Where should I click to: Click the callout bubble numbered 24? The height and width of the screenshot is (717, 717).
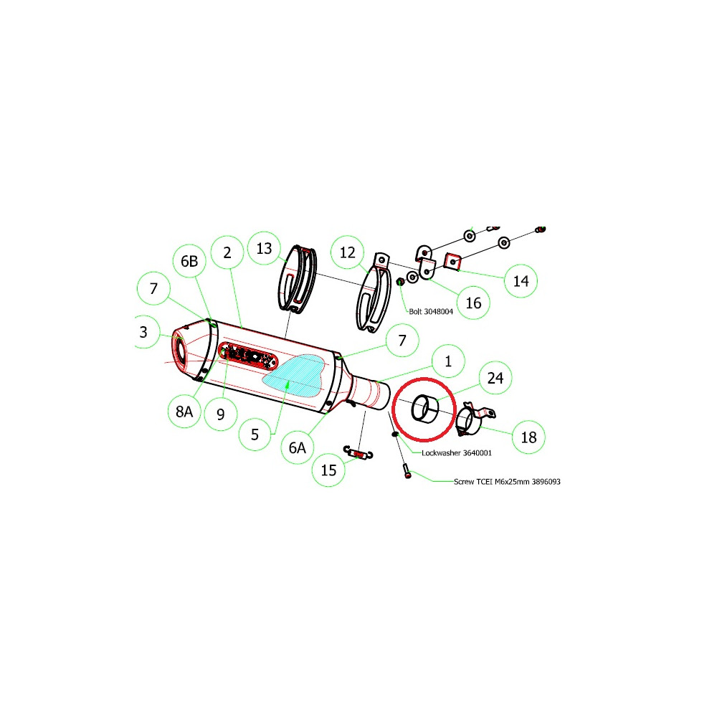point(495,378)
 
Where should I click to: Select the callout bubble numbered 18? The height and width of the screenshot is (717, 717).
point(528,437)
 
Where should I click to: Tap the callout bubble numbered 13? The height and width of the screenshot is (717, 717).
point(264,248)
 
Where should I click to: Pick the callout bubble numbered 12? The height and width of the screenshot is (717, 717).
point(348,252)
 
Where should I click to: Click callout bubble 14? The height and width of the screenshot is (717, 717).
point(521,281)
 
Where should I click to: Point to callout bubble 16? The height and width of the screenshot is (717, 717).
point(473,303)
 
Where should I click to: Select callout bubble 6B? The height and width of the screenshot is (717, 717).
point(189,261)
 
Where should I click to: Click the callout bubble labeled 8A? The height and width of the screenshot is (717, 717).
point(184,412)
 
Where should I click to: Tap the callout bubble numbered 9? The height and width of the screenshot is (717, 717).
point(221,414)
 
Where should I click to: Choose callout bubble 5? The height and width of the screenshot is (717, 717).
point(255,434)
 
